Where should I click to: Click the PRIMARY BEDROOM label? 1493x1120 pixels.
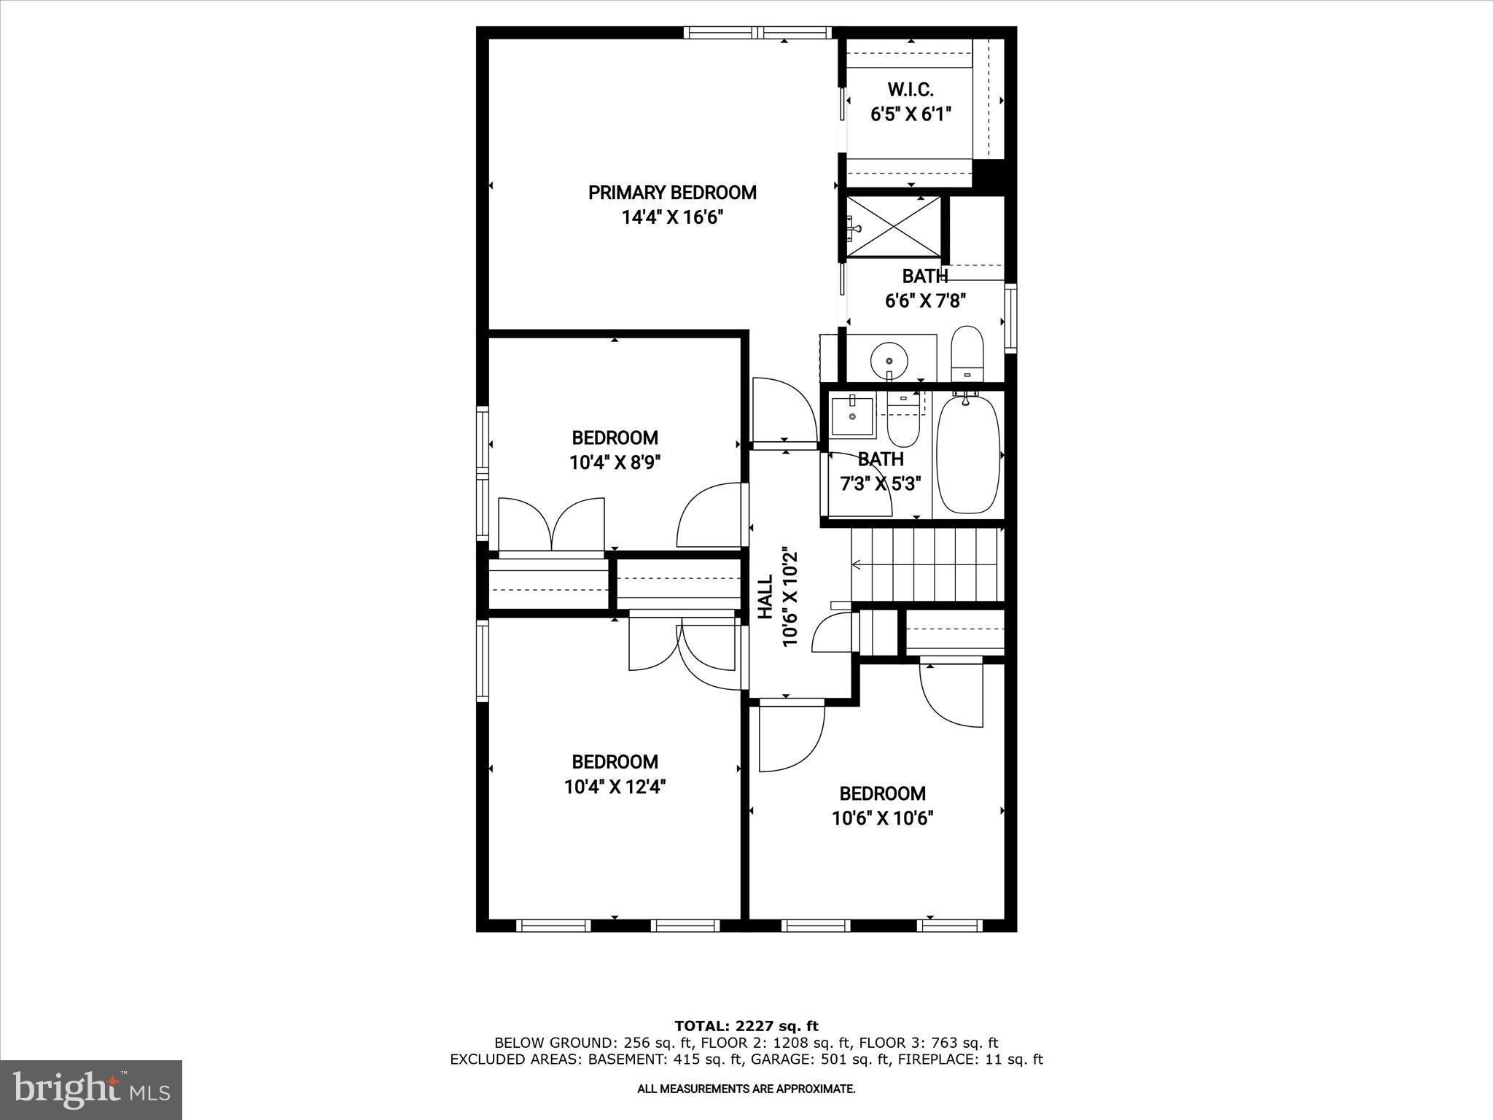(x=672, y=192)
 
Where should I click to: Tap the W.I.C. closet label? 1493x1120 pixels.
(x=911, y=90)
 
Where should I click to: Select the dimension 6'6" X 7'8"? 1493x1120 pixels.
(x=925, y=301)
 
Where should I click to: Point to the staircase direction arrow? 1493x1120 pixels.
(x=857, y=564)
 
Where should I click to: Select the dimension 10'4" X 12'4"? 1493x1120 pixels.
(x=615, y=787)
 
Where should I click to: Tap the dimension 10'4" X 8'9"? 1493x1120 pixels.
(x=615, y=462)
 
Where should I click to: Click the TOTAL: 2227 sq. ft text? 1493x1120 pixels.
(x=746, y=1026)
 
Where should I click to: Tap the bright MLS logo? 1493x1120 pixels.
(x=91, y=1090)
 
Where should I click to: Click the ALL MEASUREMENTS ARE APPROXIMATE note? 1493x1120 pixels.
(x=746, y=1089)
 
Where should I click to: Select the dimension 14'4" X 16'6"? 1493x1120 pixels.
(x=672, y=217)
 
